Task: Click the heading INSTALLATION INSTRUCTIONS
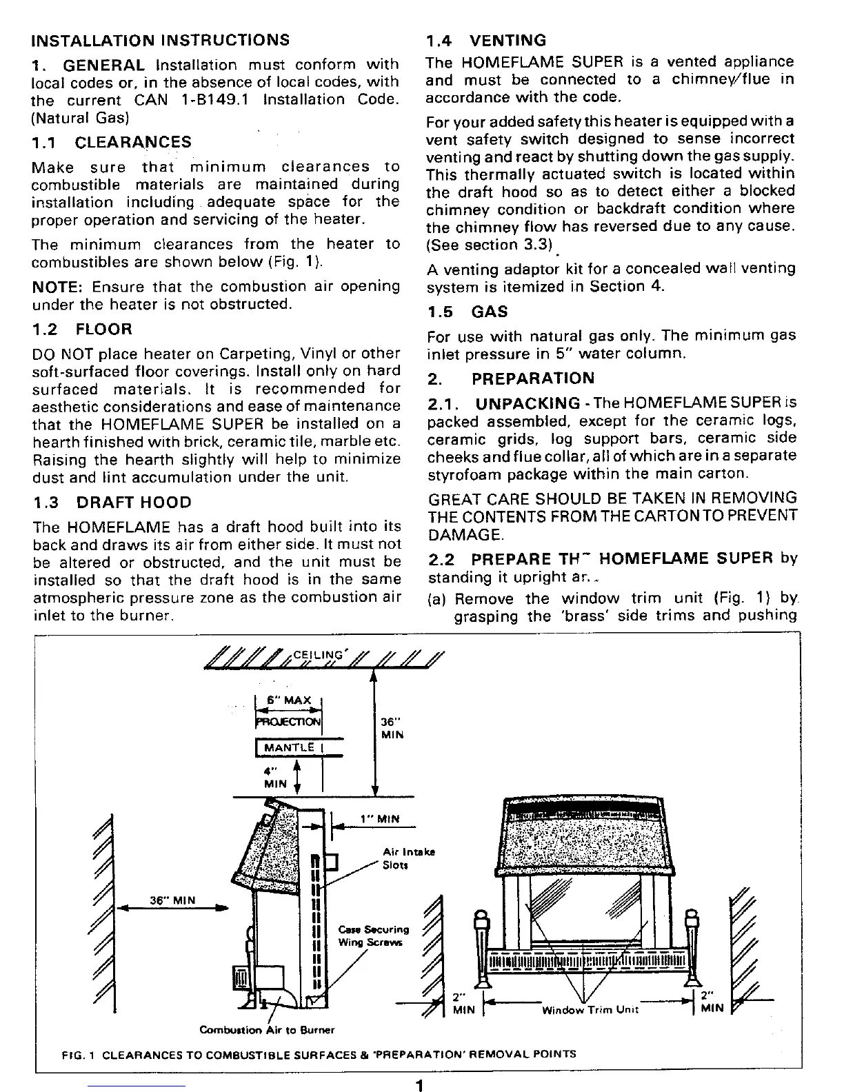[x=161, y=39]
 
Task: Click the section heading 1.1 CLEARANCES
[x=112, y=143]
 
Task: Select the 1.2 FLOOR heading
[x=82, y=329]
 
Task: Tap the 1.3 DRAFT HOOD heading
[x=112, y=503]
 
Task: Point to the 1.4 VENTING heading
[x=486, y=40]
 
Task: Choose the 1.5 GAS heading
[x=467, y=312]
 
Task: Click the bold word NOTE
[x=57, y=286]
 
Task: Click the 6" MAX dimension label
[x=292, y=700]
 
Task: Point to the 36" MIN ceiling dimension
[x=392, y=728]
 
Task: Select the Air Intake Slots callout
[x=408, y=858]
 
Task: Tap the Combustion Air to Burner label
[x=267, y=1030]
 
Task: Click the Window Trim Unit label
[x=590, y=1010]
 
